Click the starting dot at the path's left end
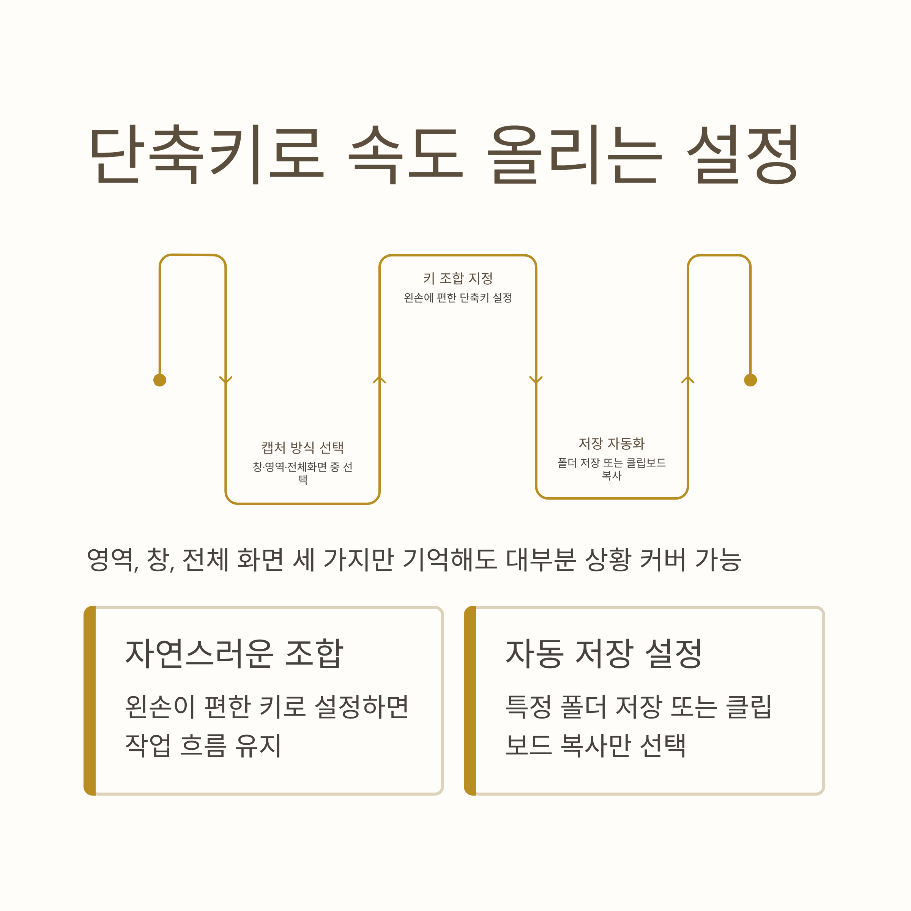(x=160, y=380)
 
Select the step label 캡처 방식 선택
(x=303, y=447)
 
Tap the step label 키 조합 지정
(x=458, y=278)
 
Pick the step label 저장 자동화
(x=612, y=443)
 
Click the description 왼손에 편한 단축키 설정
(x=458, y=298)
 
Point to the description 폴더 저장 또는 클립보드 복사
(x=612, y=469)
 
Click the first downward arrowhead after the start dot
(x=226, y=380)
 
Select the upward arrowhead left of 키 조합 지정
(x=380, y=380)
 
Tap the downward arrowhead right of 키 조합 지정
(x=536, y=380)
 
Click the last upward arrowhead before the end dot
(x=688, y=380)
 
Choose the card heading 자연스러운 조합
(x=234, y=654)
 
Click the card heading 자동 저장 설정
(x=604, y=654)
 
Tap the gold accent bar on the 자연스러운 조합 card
(x=90, y=701)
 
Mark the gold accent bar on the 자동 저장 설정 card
(x=470, y=701)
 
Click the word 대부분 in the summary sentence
(x=541, y=560)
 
